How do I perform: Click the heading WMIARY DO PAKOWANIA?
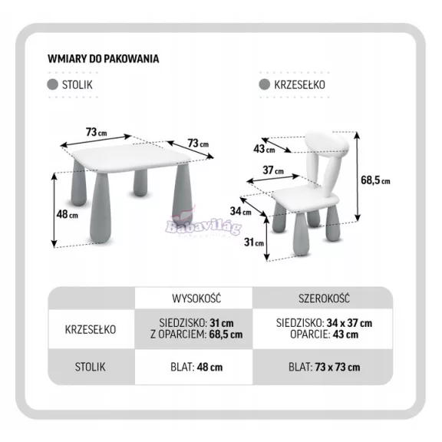pyautogui.click(x=103, y=59)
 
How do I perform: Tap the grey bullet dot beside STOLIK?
pyautogui.click(x=52, y=84)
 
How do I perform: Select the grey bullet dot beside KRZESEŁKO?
pyautogui.click(x=265, y=84)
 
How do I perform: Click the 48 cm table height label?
pyautogui.click(x=67, y=215)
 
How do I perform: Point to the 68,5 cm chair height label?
pyautogui.click(x=375, y=180)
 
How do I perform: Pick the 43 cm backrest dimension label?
pyautogui.click(x=264, y=149)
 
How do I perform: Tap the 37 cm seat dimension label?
pyautogui.click(x=273, y=170)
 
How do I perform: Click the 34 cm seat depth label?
pyautogui.click(x=240, y=211)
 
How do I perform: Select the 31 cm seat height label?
pyautogui.click(x=254, y=242)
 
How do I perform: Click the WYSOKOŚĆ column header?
pyautogui.click(x=196, y=299)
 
